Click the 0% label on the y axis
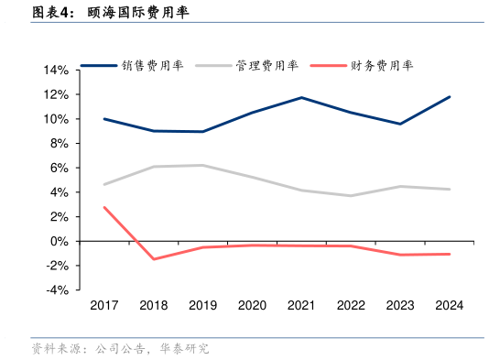point(59,241)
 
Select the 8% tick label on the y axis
point(59,144)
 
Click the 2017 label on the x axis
point(104,306)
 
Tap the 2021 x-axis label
point(301,306)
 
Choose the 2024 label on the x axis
point(449,306)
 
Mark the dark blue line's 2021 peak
point(301,97)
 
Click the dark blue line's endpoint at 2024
point(449,96)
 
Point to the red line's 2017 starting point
point(104,207)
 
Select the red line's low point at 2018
point(154,259)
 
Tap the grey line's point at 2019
point(202,166)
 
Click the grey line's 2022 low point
point(351,195)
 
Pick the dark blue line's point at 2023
point(399,124)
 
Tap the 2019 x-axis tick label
point(202,306)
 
